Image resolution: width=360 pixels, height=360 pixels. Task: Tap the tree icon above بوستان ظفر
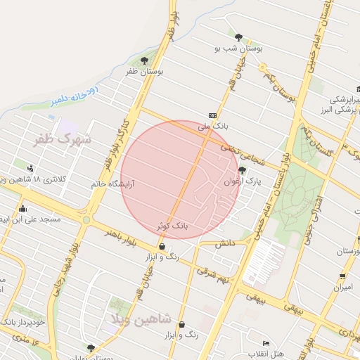click(x=145, y=60)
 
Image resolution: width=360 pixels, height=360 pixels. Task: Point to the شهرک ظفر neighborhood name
click(x=63, y=139)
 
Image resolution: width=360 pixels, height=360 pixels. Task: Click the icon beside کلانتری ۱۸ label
click(x=30, y=168)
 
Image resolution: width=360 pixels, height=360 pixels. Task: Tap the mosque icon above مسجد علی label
click(x=23, y=208)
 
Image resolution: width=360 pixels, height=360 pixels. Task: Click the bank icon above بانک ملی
click(x=212, y=115)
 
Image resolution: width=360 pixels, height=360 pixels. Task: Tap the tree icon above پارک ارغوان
click(x=243, y=170)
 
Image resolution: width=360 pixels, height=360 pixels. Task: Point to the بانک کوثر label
click(x=173, y=226)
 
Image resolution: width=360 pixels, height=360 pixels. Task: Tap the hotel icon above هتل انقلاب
click(x=265, y=342)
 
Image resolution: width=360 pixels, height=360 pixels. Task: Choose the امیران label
click(x=342, y=287)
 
